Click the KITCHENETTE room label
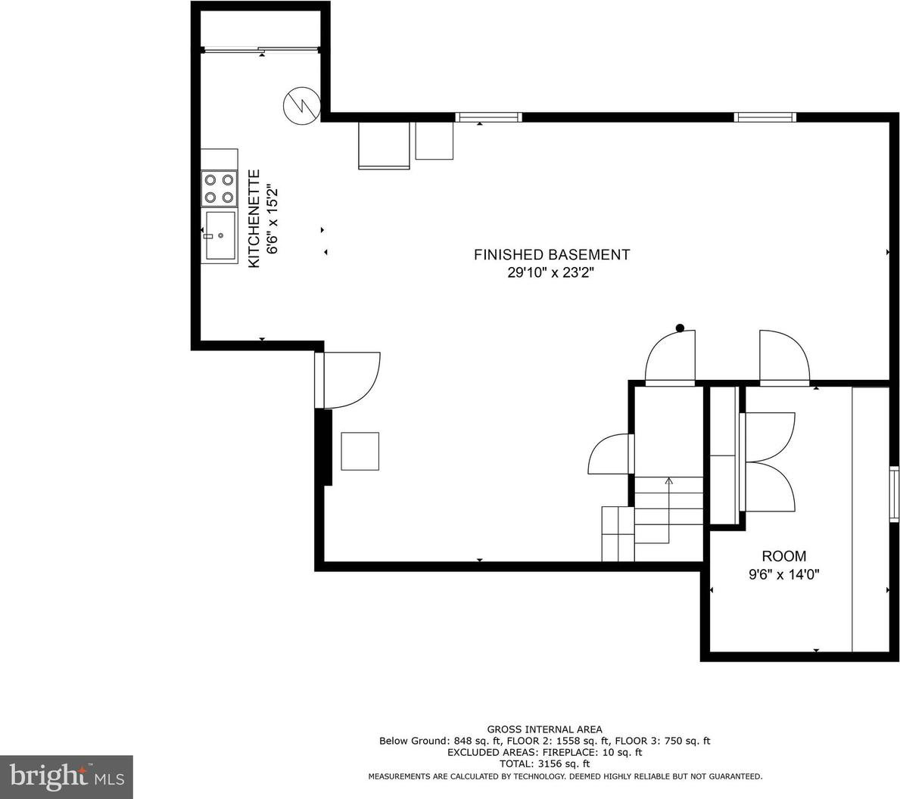tap(254, 218)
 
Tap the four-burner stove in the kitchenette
tap(220, 188)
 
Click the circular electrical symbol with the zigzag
tap(301, 105)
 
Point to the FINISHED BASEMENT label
tap(552, 254)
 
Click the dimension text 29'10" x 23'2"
tap(550, 273)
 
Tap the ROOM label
tap(783, 556)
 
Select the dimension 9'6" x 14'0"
tap(783, 574)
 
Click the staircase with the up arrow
tap(668, 510)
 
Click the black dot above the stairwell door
tap(680, 328)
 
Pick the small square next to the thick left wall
tap(360, 452)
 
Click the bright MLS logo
tap(67, 777)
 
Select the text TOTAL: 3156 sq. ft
tap(544, 764)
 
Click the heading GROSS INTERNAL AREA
tap(545, 729)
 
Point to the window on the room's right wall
tap(894, 494)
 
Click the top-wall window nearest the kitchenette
tap(488, 117)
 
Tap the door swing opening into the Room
tap(784, 356)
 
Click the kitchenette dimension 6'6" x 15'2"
tap(272, 219)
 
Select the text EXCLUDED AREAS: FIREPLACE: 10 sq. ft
tap(545, 753)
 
